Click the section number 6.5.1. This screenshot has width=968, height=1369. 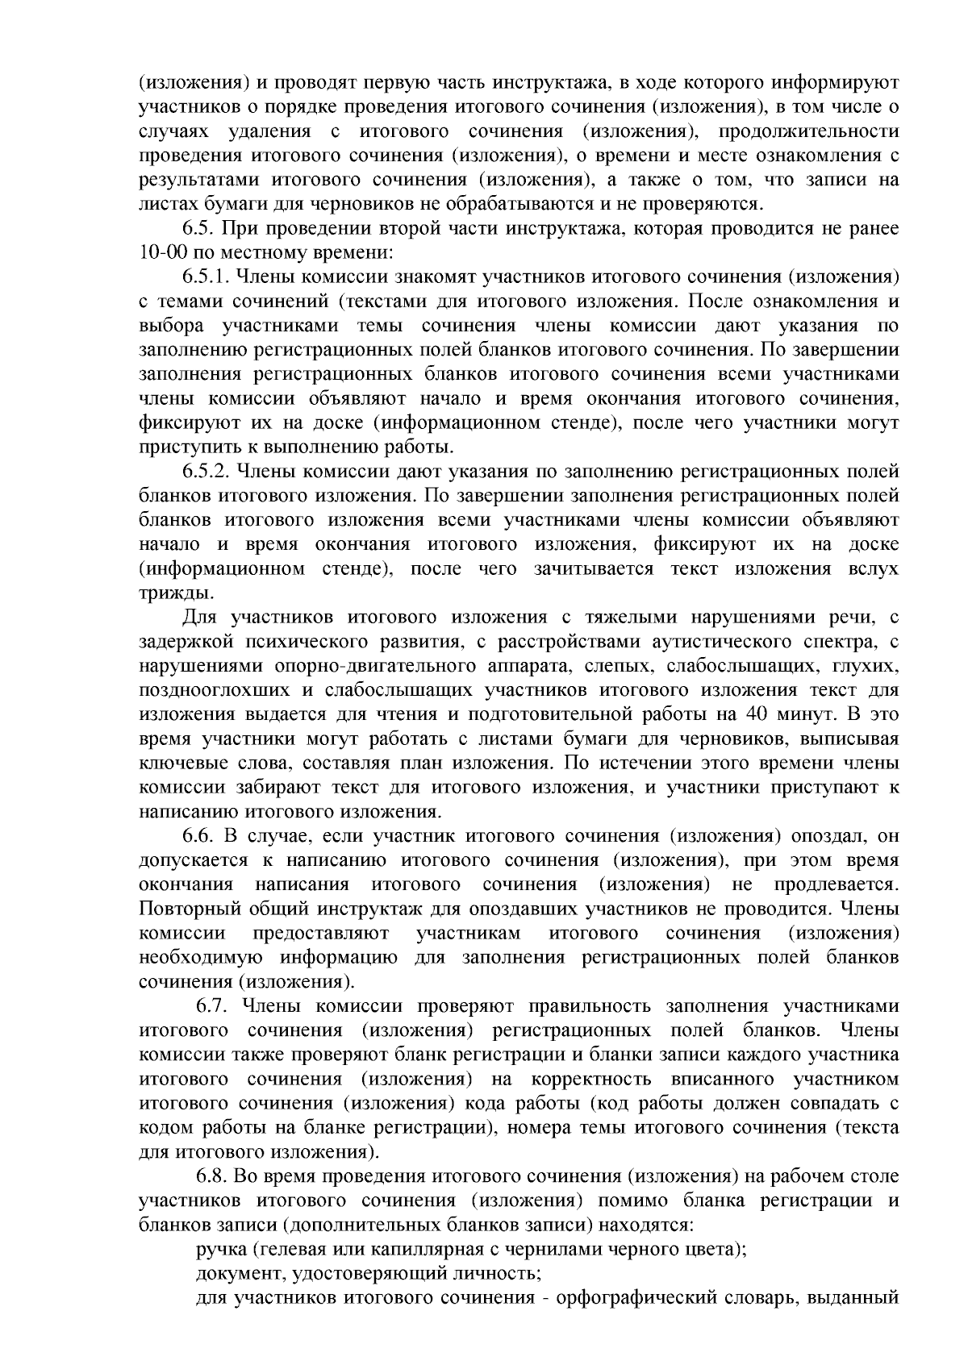206,277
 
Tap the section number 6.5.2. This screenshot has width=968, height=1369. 206,472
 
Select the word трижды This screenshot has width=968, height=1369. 165,593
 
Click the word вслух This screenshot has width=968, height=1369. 873,568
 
